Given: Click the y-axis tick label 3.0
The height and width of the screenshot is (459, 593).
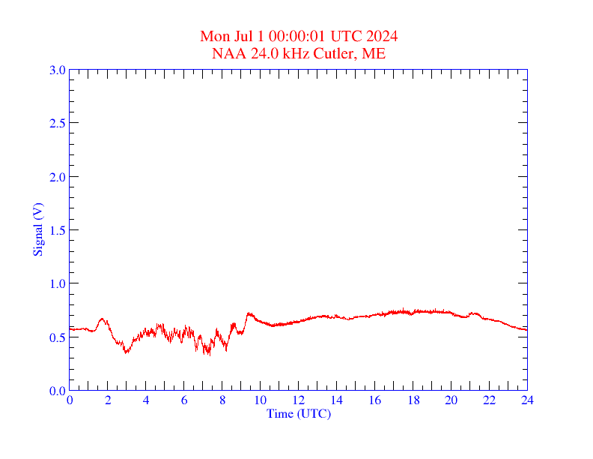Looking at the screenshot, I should tap(58, 70).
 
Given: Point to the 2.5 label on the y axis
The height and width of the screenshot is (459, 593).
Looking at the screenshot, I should tap(58, 123).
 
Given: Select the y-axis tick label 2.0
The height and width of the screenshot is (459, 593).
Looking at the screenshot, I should tap(58, 177).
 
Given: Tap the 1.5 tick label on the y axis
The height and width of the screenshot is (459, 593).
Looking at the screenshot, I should tap(58, 230).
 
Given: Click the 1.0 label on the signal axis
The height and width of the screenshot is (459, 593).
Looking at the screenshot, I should tap(58, 283).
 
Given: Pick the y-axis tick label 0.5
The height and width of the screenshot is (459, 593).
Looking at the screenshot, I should tap(58, 337).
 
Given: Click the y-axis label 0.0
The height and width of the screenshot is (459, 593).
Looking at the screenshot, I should tap(58, 391).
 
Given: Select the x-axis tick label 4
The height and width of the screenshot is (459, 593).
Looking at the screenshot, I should tap(146, 401).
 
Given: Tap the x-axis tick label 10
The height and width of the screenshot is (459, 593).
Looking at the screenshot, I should tap(261, 401).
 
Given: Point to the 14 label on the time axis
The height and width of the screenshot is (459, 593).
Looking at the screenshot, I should tap(337, 401).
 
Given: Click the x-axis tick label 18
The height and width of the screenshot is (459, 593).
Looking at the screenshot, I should tap(413, 401).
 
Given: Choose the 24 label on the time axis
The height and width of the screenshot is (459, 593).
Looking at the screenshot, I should tap(527, 401).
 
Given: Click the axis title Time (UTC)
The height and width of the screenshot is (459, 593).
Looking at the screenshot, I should tap(299, 413).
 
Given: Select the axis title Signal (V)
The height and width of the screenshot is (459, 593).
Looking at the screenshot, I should tap(38, 229).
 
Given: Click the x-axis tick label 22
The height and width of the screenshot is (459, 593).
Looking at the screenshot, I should tap(490, 401).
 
